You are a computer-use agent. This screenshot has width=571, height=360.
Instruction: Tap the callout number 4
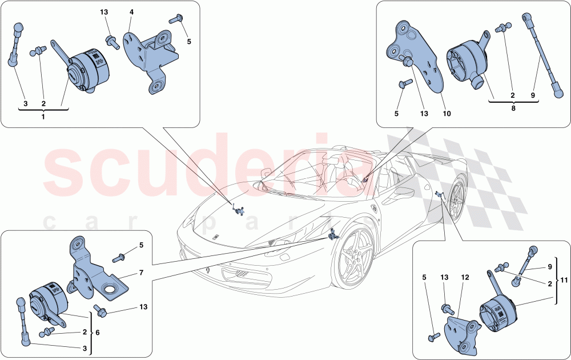coord(131,12)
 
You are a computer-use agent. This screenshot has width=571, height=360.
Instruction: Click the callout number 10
coord(447,114)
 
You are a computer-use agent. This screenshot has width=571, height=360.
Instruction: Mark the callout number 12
coord(465,278)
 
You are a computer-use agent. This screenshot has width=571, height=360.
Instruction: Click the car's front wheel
coord(356,263)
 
